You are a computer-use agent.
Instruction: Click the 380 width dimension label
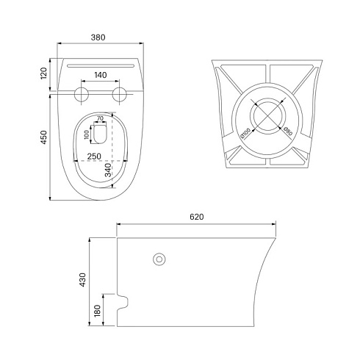pyautogui.click(x=98, y=37)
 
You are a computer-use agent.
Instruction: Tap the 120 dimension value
pyautogui.click(x=43, y=73)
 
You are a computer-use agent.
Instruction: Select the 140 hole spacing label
pyautogui.click(x=101, y=75)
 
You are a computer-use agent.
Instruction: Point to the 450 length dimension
pyautogui.click(x=43, y=137)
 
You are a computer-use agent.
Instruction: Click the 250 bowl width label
pyautogui.click(x=94, y=156)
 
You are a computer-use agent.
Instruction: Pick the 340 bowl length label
pyautogui.click(x=108, y=170)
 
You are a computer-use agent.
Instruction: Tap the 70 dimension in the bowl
pyautogui.click(x=100, y=118)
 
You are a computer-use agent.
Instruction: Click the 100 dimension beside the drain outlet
pyautogui.click(x=87, y=134)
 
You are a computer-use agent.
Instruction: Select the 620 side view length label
pyautogui.click(x=197, y=217)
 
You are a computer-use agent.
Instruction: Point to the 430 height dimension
pyautogui.click(x=82, y=280)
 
